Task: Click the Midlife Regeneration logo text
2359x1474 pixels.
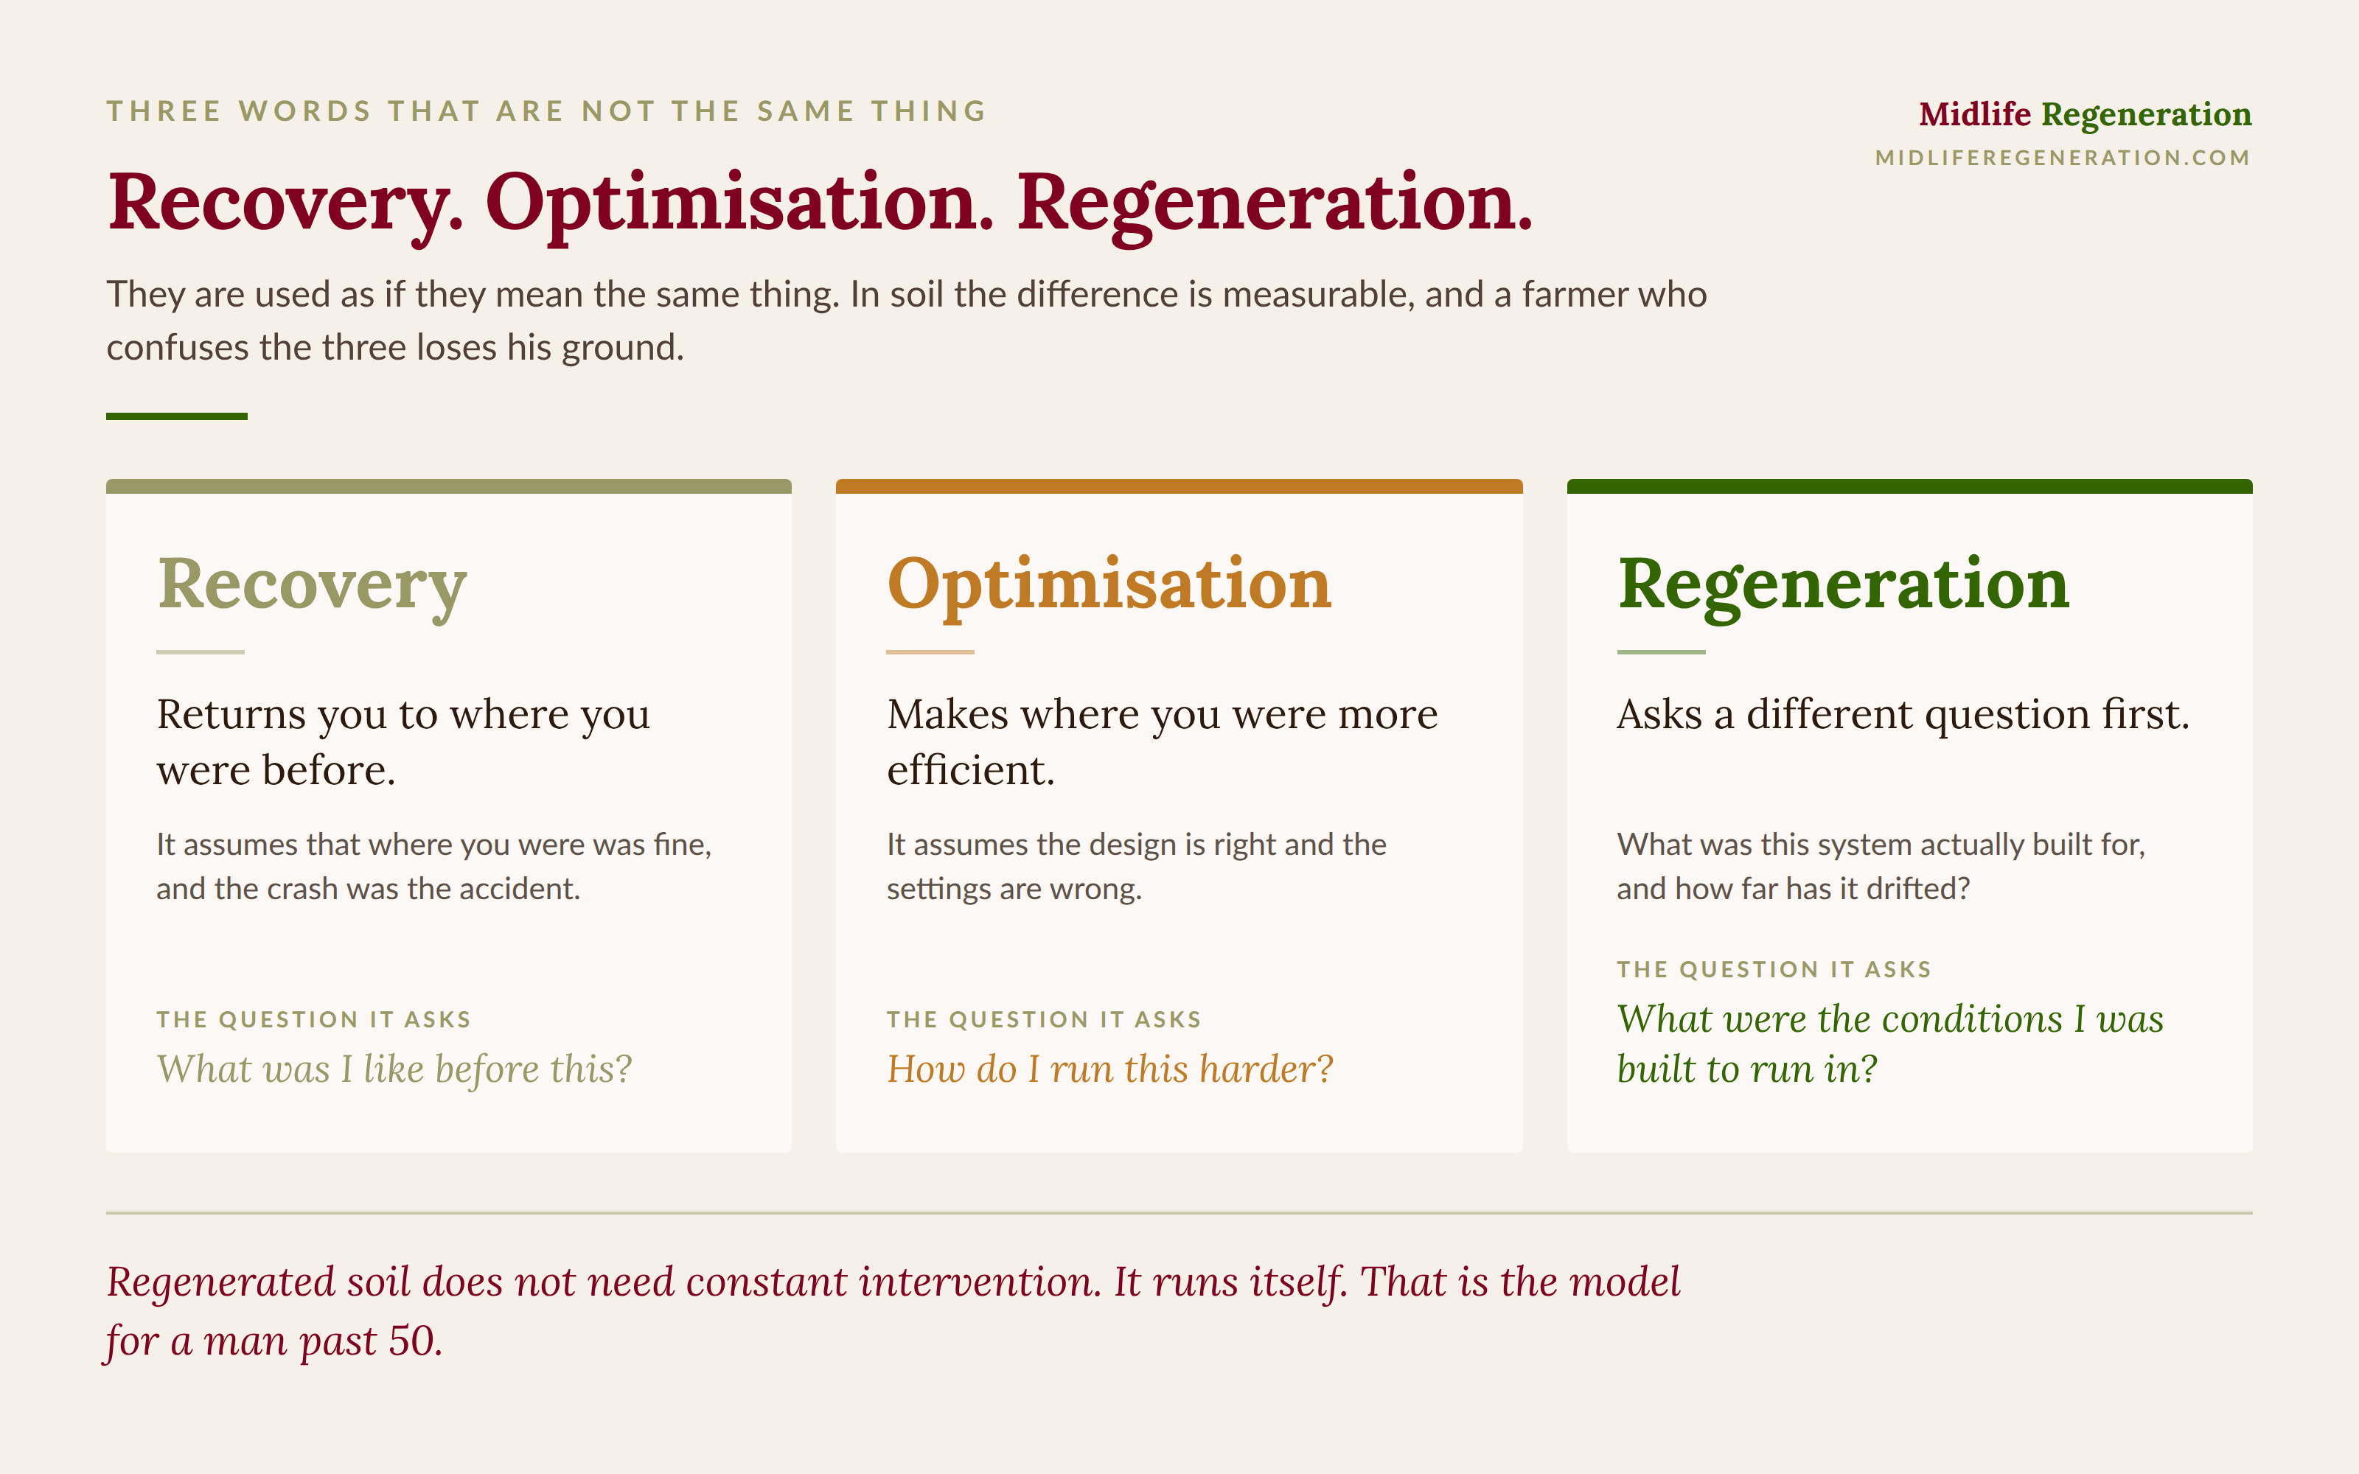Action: point(2085,115)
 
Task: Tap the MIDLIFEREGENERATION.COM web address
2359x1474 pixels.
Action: point(2063,158)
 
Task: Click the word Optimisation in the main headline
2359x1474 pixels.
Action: point(740,203)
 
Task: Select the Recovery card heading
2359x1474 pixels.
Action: point(312,585)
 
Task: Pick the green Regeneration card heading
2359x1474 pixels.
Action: point(1843,585)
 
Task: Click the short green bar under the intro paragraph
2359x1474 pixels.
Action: point(176,416)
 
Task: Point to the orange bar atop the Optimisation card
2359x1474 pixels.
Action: point(1179,486)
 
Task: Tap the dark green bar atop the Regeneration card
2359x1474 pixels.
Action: point(1909,486)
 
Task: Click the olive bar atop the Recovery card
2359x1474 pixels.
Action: point(448,486)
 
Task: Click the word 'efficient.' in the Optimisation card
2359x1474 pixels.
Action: point(971,770)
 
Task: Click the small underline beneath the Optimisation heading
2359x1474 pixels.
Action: point(930,652)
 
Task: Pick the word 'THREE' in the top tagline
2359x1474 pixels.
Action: point(164,111)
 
